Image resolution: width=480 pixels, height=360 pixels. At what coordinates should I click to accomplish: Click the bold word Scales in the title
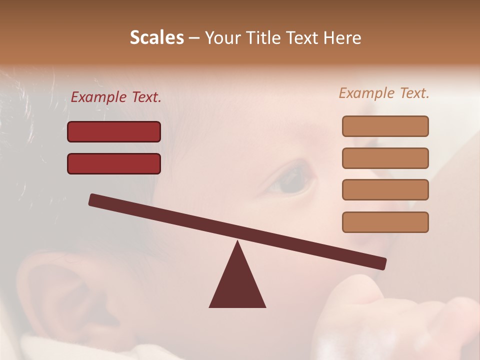coord(157,38)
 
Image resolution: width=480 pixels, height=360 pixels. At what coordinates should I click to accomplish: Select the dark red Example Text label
coord(116,97)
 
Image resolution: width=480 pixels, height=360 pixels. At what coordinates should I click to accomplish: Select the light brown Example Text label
coord(384,93)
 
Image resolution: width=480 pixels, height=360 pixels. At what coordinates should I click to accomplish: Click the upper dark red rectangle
coord(114,131)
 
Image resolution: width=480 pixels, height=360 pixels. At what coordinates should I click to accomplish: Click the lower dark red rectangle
coord(114,163)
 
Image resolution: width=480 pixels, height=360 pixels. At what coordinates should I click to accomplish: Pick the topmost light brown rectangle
coord(385,126)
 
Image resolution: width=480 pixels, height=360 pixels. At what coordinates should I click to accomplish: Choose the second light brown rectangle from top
coord(385,158)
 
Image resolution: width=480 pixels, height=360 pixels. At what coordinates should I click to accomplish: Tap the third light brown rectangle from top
coord(385,190)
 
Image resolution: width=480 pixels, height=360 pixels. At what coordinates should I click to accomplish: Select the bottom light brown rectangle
coord(385,222)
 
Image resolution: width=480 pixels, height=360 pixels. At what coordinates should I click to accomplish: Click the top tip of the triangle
coord(237,242)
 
